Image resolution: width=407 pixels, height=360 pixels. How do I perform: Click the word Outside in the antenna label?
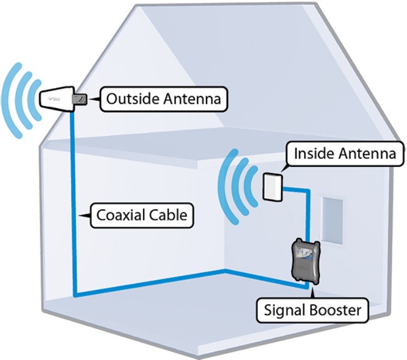click(133, 99)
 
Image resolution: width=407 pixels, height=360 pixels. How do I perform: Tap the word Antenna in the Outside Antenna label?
click(192, 99)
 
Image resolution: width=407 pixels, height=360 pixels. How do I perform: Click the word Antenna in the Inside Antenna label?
click(367, 153)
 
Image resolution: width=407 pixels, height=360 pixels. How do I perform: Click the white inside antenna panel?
click(273, 187)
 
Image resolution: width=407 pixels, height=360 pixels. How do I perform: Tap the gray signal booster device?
click(305, 263)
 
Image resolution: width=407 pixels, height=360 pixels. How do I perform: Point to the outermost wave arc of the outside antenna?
click(11, 100)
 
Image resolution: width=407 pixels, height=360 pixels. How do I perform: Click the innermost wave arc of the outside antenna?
click(35, 100)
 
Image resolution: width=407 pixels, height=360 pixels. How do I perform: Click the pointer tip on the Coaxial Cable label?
click(79, 215)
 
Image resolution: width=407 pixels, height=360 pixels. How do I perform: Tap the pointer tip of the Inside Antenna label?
click(281, 171)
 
